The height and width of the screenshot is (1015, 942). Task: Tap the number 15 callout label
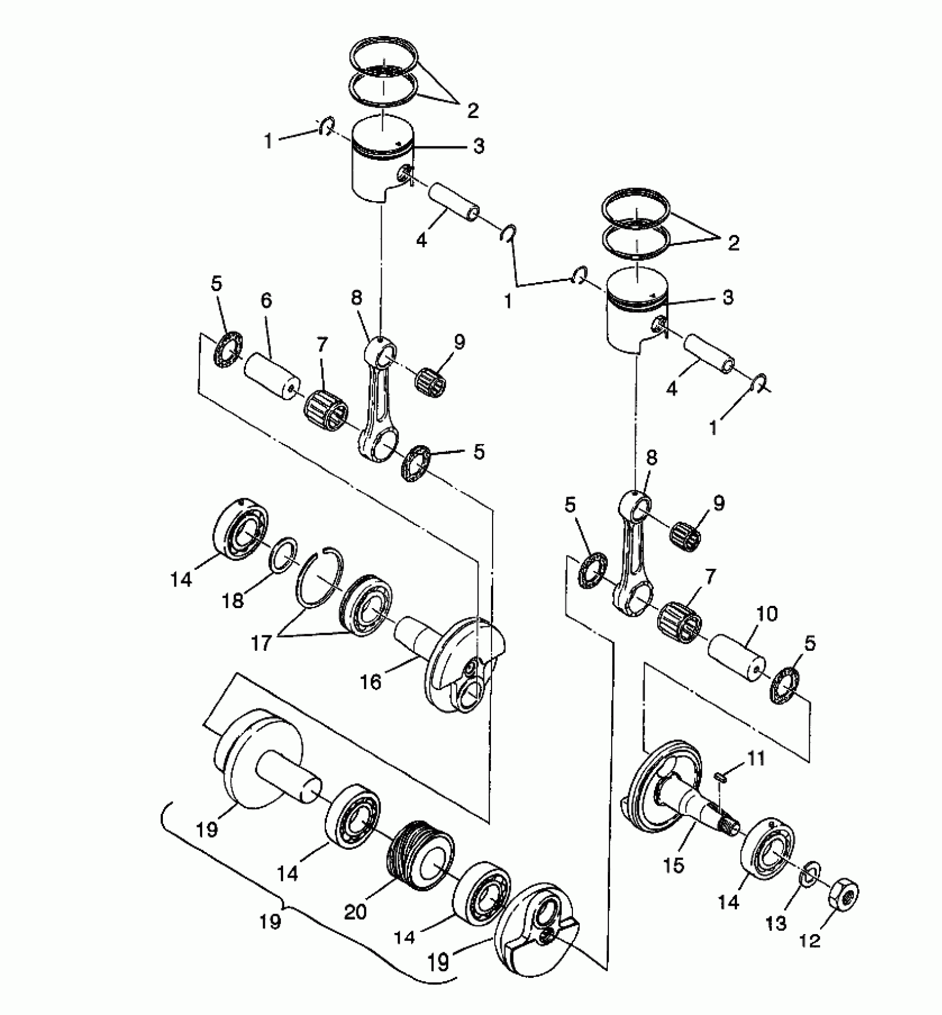pos(674,865)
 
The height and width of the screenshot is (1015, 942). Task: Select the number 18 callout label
pos(233,600)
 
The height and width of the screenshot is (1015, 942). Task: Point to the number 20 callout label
pos(355,911)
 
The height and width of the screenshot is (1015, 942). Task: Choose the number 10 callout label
pos(766,614)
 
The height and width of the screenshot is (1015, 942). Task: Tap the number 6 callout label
pos(266,301)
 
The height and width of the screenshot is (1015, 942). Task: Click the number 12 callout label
pos(811,941)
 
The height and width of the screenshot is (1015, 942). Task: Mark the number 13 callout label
pos(776,923)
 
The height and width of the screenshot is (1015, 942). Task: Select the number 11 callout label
pos(756,758)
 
